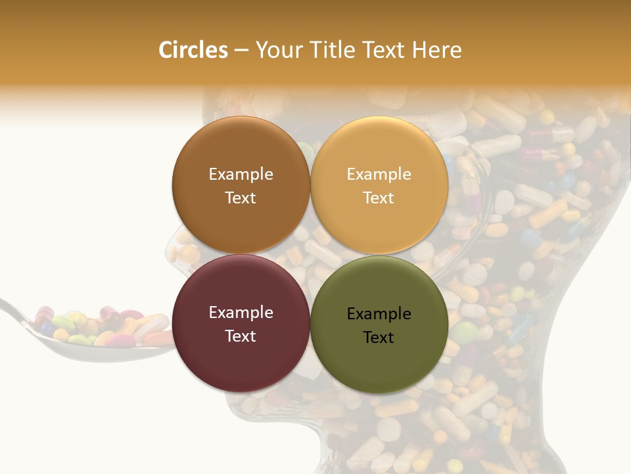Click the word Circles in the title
193,50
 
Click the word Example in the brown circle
241,174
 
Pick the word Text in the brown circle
241,197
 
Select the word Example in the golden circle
379,174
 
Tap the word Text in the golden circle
379,197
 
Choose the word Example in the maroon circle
241,313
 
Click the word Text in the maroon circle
241,336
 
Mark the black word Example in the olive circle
379,314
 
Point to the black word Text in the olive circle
379,337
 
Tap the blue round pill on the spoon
47,328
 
